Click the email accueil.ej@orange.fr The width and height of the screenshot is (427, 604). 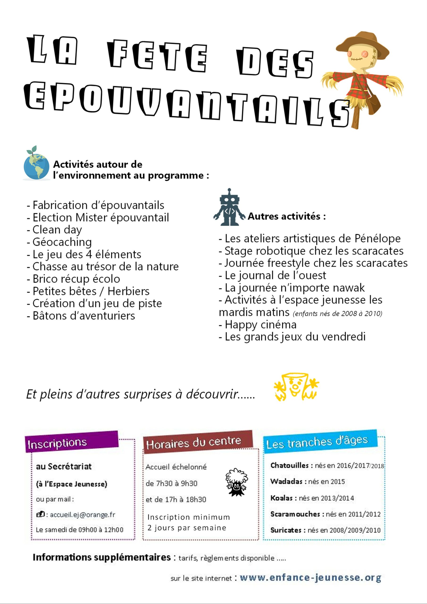pyautogui.click(x=82, y=515)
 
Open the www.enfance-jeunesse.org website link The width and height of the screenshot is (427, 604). pyautogui.click(x=310, y=578)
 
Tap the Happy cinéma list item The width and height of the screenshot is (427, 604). pyautogui.click(x=260, y=325)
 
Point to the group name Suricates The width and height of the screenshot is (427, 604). pyautogui.click(x=286, y=530)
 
